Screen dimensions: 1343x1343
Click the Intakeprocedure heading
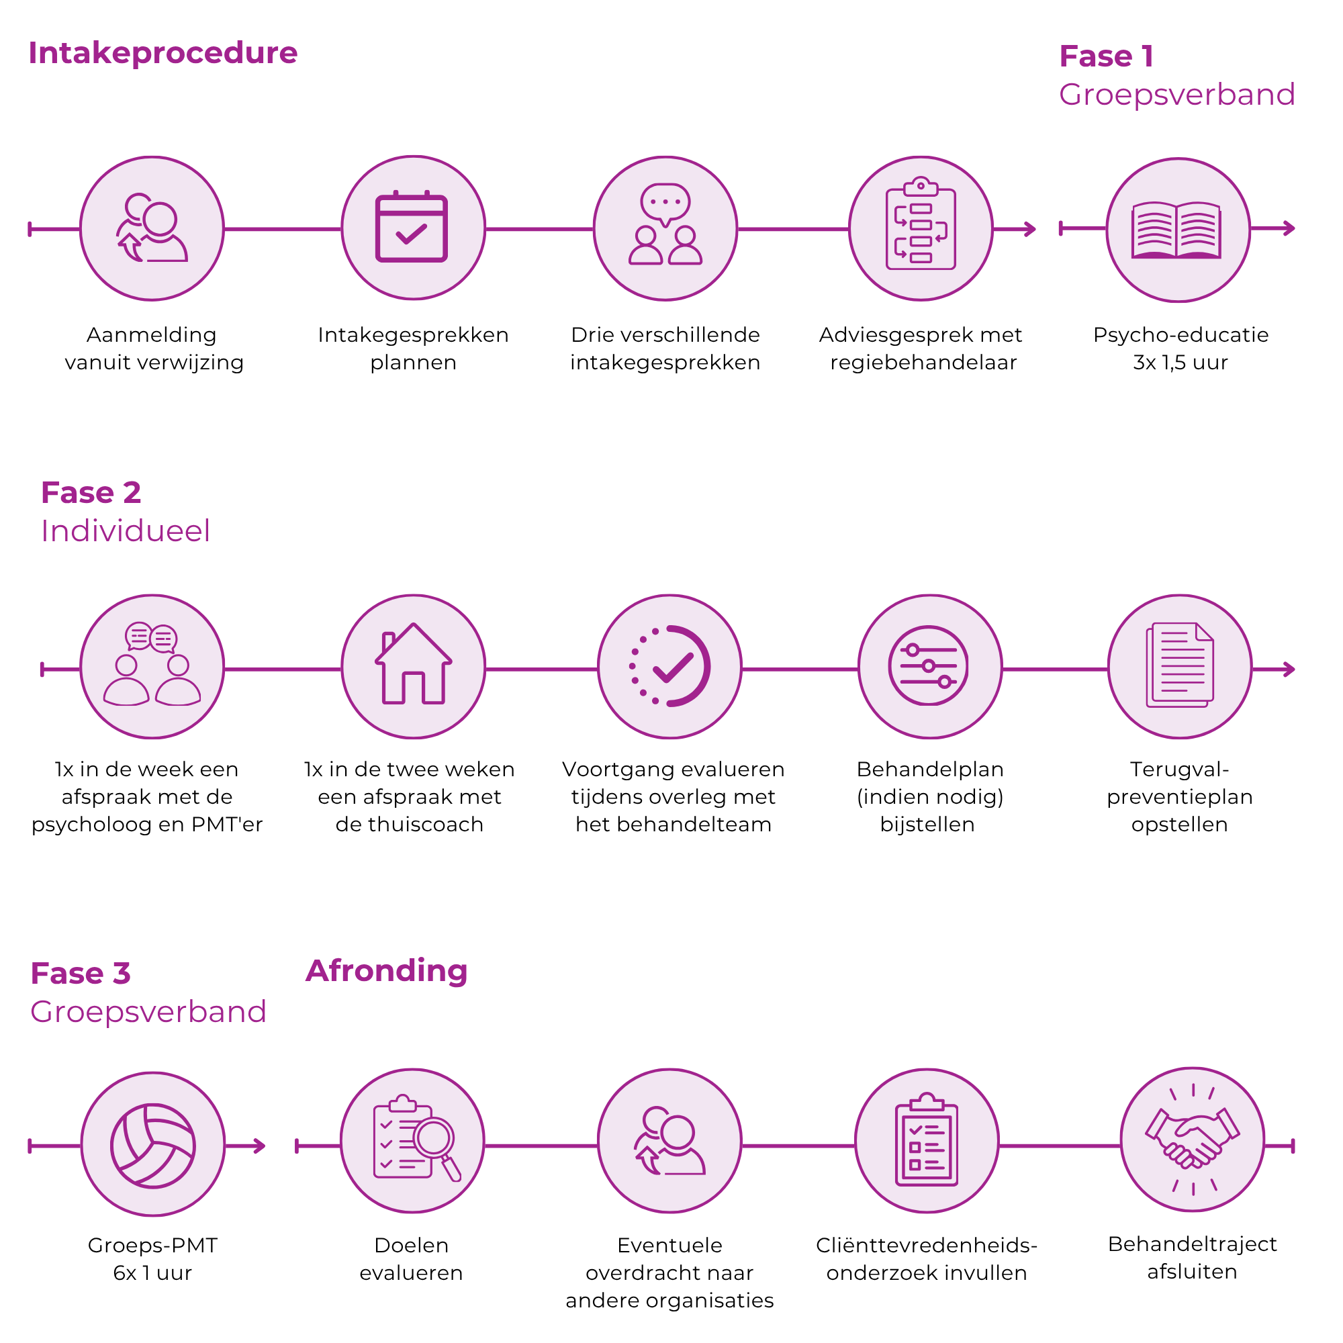click(x=163, y=54)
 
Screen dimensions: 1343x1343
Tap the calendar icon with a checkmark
click(x=412, y=226)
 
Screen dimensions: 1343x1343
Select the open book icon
click(x=1177, y=230)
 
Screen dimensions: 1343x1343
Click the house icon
click(x=414, y=663)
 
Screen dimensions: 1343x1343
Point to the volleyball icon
click(x=153, y=1145)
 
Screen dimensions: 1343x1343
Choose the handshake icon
click(x=1193, y=1140)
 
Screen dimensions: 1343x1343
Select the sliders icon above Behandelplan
click(x=929, y=666)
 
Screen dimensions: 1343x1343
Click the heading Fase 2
click(x=91, y=493)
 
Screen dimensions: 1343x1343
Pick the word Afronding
click(x=387, y=970)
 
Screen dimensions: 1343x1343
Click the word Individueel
click(x=125, y=531)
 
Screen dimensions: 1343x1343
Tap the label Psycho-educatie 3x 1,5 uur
click(x=1180, y=349)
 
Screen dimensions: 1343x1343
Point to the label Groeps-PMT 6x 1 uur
click(x=153, y=1259)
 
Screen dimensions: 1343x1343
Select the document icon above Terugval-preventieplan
click(x=1180, y=665)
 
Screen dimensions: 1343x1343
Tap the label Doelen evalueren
click(x=411, y=1259)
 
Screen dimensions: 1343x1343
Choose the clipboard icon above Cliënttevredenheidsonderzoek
click(x=927, y=1140)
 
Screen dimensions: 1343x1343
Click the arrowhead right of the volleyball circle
click(x=260, y=1146)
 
